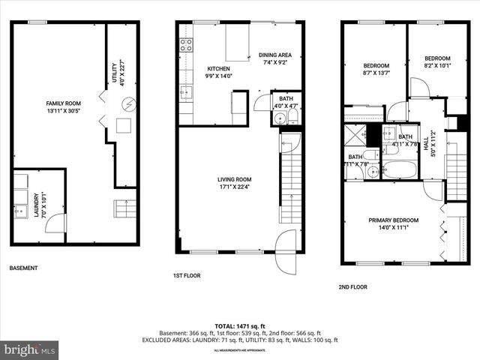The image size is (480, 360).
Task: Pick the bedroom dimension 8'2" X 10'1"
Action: pyautogui.click(x=437, y=64)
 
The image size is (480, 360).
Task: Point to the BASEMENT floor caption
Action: pyautogui.click(x=25, y=268)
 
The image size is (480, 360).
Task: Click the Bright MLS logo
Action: pyautogui.click(x=30, y=349)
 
